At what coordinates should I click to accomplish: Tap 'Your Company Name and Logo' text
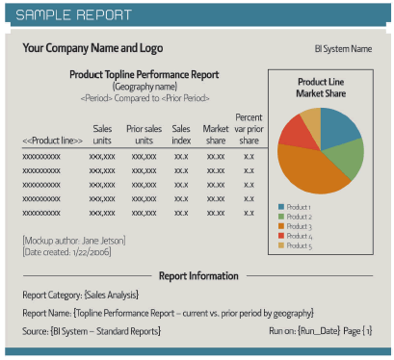(92, 48)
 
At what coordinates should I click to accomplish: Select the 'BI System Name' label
(343, 49)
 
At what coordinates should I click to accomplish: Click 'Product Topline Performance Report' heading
(144, 74)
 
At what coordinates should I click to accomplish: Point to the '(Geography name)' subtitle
(144, 86)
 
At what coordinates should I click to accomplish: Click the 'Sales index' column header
(181, 134)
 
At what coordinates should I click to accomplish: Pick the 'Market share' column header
(216, 134)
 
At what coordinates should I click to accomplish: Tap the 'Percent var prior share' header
(249, 128)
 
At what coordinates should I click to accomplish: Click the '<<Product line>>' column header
(52, 141)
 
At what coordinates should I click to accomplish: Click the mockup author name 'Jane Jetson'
(104, 240)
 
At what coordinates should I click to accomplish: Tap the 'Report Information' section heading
(197, 275)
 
